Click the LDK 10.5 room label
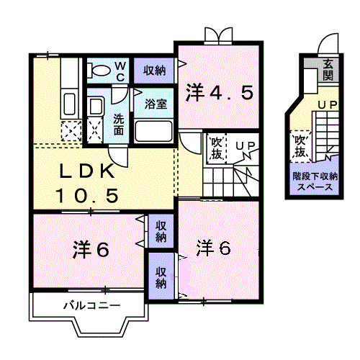(x=86, y=183)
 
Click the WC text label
(x=121, y=71)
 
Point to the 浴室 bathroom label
(x=157, y=103)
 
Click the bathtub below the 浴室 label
(x=153, y=131)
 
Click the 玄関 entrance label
(x=328, y=69)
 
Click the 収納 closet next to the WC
(x=154, y=71)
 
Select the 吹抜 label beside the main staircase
(x=216, y=148)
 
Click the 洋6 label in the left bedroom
(x=90, y=250)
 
